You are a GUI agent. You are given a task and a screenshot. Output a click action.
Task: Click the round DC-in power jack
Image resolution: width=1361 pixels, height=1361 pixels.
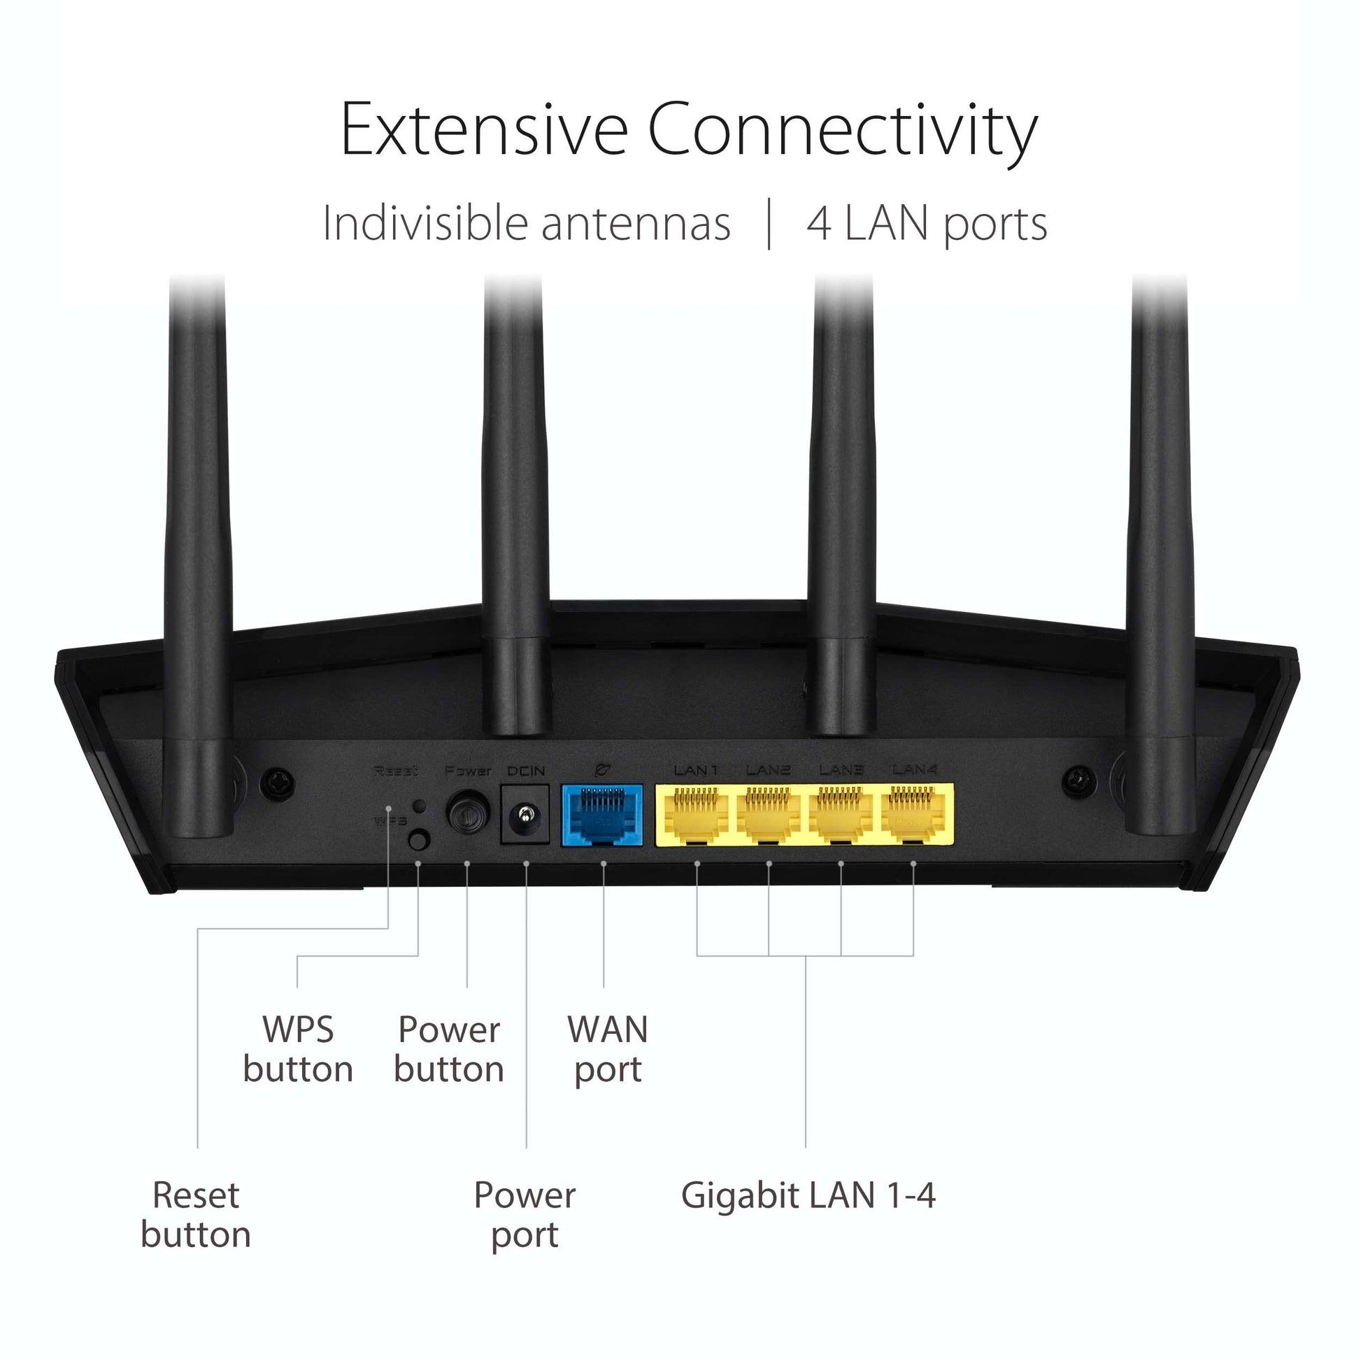pos(525,816)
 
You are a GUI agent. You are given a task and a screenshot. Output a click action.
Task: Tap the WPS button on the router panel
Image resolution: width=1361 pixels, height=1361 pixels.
pos(419,840)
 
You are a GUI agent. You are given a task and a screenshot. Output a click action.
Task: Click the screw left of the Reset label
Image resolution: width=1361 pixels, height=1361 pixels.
pos(278,783)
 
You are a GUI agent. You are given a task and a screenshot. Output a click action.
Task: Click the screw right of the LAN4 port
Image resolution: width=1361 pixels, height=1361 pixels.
pos(1078,782)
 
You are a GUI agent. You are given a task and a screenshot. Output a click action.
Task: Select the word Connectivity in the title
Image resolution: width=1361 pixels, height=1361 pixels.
pos(842,131)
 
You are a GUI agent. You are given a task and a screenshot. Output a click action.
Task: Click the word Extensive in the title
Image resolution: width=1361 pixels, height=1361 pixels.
pos(483,129)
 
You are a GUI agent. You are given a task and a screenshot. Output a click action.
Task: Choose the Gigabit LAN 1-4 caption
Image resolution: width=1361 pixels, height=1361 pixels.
pos(808,1195)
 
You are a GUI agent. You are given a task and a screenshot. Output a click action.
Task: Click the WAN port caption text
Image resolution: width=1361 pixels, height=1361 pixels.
pos(607,1049)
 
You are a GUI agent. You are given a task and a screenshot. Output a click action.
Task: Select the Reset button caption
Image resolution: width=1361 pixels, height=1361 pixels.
pos(196,1214)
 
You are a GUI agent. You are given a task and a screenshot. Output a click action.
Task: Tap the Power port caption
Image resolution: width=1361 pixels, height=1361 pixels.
pos(525,1214)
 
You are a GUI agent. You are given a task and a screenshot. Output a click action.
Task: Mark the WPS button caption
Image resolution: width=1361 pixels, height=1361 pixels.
pos(298,1049)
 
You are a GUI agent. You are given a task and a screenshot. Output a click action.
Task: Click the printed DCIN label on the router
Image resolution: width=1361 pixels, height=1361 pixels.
pos(526,771)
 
